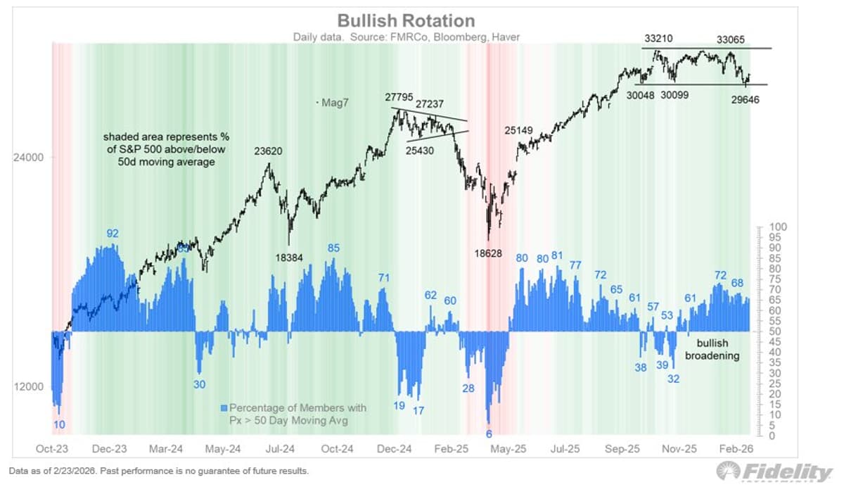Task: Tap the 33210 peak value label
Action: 659,37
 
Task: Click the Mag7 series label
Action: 333,103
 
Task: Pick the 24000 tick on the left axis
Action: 29,158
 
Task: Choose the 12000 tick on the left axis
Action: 29,387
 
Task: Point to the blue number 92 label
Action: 113,233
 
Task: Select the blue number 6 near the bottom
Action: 489,434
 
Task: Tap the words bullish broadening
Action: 718,349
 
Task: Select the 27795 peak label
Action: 399,96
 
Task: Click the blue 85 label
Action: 333,248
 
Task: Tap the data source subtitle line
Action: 407,36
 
